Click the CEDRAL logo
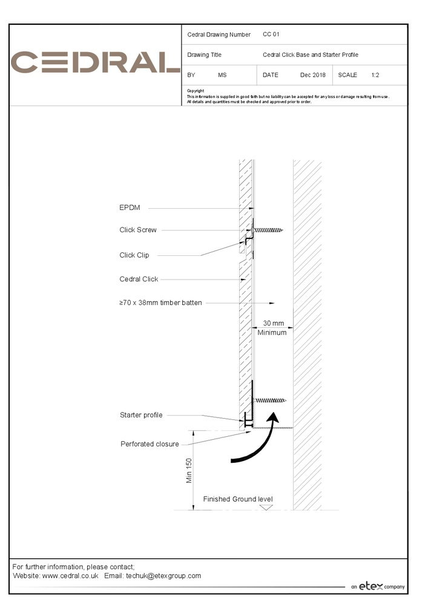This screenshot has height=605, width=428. click(x=96, y=63)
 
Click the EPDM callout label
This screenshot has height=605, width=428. click(x=130, y=208)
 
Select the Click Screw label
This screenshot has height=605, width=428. click(x=138, y=230)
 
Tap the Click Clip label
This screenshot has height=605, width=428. click(x=134, y=255)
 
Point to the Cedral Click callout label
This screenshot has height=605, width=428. click(x=139, y=279)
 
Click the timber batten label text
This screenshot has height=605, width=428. click(x=160, y=302)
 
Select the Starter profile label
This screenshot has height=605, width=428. click(x=141, y=415)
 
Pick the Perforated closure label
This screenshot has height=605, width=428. click(x=150, y=444)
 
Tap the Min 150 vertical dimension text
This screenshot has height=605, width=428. click(x=189, y=470)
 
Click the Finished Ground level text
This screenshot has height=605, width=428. click(x=237, y=499)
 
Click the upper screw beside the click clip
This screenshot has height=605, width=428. click(x=269, y=231)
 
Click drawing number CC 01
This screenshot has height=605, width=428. click(x=271, y=34)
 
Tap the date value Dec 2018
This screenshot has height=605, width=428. click(x=312, y=75)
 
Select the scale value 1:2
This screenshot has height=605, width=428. click(x=375, y=75)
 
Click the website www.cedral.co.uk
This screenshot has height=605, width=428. click(x=70, y=576)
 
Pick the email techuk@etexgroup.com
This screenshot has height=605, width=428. click(x=163, y=576)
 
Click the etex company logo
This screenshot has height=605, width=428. click(x=378, y=586)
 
